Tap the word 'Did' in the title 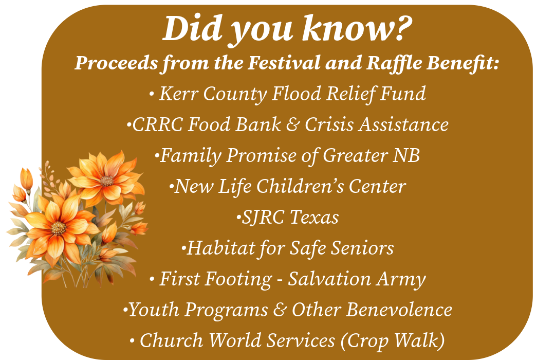tap(192, 28)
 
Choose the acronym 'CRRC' tap(158, 125)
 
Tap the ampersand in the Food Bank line tap(293, 125)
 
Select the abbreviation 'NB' tap(406, 155)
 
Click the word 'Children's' tap(300, 186)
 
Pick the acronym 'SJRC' tap(263, 217)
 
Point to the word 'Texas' tap(314, 217)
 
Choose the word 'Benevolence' tap(399, 310)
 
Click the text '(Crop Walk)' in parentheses tap(393, 341)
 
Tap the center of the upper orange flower tap(106, 181)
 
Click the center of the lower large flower tap(59, 228)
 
